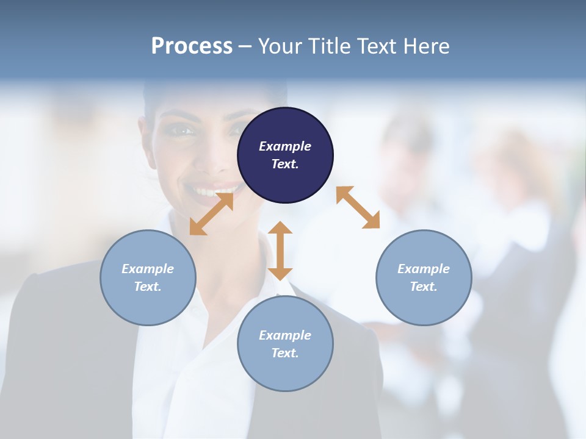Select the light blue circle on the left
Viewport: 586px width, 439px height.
pos(148,277)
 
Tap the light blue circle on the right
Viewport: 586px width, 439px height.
pos(424,277)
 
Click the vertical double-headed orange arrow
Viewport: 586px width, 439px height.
pos(280,251)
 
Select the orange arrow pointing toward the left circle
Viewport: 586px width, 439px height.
pos(211,213)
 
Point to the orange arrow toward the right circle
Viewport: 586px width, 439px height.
pos(358,207)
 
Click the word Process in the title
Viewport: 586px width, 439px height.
pos(192,46)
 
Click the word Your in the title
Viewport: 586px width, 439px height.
pos(280,46)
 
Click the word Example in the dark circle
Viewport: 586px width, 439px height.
pos(285,146)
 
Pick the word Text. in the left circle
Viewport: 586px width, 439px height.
pos(148,287)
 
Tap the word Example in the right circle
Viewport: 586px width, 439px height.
pos(424,269)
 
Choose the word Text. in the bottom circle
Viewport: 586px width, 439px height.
pos(285,353)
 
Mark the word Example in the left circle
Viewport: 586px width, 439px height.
pos(148,269)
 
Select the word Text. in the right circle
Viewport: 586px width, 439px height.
pos(424,287)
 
